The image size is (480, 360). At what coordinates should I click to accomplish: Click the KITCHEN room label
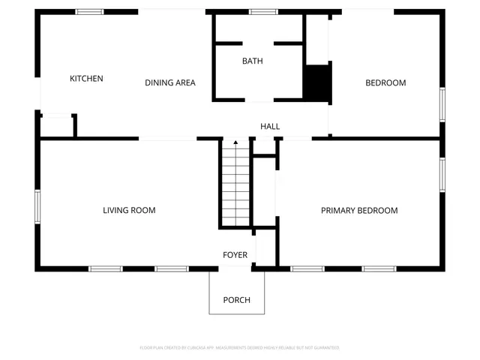click(86, 79)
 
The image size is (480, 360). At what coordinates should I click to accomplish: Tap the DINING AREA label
click(170, 82)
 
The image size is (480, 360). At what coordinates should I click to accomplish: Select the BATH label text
click(252, 61)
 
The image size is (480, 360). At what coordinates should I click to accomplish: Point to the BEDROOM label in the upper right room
click(385, 82)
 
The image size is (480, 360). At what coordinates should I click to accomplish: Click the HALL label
click(270, 126)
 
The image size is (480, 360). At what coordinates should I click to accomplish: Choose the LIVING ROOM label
click(129, 210)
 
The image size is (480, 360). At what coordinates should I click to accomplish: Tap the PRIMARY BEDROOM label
click(359, 210)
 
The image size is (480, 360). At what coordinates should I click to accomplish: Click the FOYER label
click(235, 255)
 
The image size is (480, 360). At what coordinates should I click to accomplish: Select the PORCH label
click(236, 300)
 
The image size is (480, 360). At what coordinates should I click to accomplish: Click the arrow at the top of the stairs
click(235, 143)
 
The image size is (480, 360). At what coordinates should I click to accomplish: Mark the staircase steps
click(235, 187)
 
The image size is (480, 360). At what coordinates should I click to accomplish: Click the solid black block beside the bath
click(317, 82)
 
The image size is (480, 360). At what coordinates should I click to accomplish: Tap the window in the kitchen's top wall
click(90, 12)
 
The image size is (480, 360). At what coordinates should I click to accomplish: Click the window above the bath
click(262, 12)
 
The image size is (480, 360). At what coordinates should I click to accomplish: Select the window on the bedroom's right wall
click(442, 105)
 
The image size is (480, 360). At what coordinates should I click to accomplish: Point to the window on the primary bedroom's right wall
click(442, 174)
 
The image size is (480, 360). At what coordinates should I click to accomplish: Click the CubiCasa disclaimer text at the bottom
click(240, 348)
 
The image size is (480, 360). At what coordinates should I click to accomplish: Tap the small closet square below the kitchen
click(57, 126)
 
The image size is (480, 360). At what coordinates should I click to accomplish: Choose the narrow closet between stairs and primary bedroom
click(264, 191)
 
